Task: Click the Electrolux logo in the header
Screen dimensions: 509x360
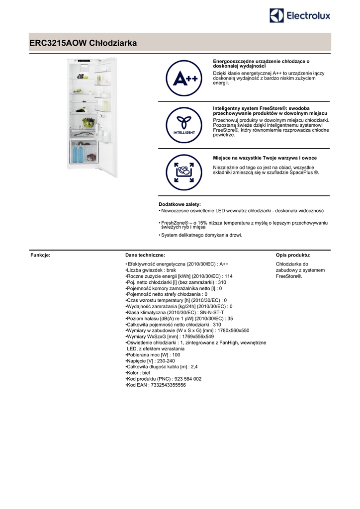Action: (300, 16)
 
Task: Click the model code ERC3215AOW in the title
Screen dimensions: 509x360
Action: (58, 43)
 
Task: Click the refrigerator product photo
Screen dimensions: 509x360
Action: (92, 117)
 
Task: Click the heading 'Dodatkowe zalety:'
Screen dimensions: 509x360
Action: (180, 204)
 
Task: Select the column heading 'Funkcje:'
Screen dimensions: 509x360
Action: (41, 255)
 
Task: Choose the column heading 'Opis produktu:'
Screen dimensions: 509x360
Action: (293, 255)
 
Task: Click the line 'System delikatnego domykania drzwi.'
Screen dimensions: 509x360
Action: (201, 236)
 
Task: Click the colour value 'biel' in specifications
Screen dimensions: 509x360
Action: (146, 372)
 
